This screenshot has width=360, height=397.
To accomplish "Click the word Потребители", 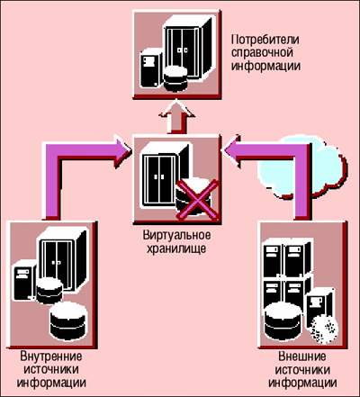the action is coord(265,40).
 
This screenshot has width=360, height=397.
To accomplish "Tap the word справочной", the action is coord(263,52).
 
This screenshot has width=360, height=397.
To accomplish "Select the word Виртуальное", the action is coord(176,235).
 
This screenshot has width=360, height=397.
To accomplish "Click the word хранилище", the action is coord(176,248).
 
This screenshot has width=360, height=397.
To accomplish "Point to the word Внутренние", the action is coord(51,356).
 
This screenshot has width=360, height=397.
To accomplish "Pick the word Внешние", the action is coord(302,356).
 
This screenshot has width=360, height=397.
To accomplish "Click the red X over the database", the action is coord(197,200).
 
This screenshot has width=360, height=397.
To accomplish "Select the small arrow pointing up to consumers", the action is coord(176,118).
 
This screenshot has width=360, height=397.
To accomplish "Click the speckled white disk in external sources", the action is coord(324,330).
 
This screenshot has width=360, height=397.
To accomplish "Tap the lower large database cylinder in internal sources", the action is coord(68,321).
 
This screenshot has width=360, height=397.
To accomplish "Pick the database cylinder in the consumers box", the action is coord(175,79).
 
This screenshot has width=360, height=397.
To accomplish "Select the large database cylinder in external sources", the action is coord(283,321).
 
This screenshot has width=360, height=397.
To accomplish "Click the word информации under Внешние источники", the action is coord(302,383).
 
